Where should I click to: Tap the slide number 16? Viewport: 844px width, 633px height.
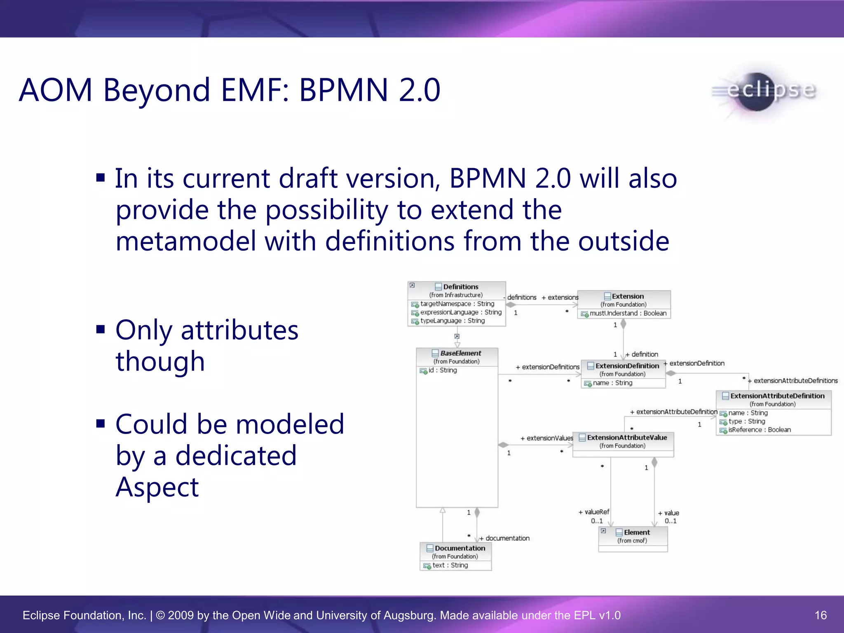coord(821,615)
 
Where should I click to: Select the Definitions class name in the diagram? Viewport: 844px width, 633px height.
coord(460,287)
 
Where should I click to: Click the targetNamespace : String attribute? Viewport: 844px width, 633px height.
coord(457,304)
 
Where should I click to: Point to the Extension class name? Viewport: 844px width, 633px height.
coord(627,296)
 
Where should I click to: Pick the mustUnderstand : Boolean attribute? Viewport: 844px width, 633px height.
coord(628,313)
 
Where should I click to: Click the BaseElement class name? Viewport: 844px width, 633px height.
coord(460,353)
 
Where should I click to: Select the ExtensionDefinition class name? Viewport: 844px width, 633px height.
coord(627,366)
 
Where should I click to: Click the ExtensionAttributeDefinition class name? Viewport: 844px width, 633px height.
coord(777,396)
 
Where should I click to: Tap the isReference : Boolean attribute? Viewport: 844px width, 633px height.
coord(759,430)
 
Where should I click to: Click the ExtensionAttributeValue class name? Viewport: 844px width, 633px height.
coord(626,438)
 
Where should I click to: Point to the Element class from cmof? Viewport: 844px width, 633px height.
coord(636,532)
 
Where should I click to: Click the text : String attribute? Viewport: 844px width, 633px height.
coord(450,565)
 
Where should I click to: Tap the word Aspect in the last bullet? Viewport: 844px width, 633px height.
coord(157,487)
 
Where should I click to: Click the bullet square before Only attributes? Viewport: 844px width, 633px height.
coord(101,329)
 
